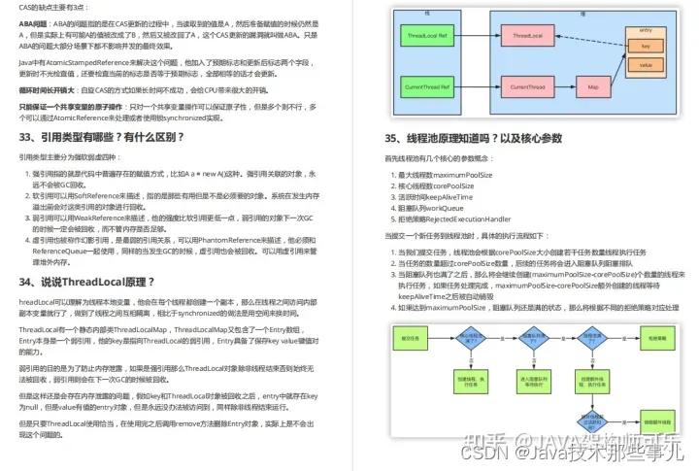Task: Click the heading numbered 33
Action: tap(101, 136)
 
